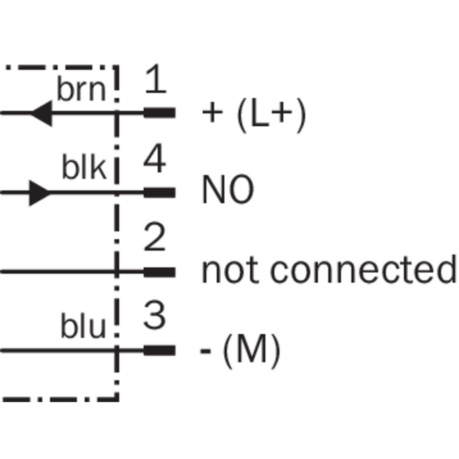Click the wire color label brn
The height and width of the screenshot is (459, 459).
[81, 88]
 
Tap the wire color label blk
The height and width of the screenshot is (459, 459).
[84, 167]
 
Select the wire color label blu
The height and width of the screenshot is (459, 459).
[83, 326]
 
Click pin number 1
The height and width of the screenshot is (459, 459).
[156, 79]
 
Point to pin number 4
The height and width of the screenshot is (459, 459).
[155, 158]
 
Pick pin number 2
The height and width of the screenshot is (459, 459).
[155, 236]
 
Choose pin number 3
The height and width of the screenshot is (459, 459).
[155, 315]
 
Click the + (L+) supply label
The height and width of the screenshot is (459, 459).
[254, 115]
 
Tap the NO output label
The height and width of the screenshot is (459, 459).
[228, 189]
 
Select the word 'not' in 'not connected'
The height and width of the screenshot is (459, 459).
[230, 269]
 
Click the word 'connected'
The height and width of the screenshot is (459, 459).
[363, 269]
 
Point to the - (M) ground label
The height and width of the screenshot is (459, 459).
[240, 351]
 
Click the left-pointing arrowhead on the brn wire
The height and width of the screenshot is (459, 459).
[41, 113]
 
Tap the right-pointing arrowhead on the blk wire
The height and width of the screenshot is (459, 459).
[40, 193]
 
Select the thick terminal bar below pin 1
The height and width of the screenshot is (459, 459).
[159, 113]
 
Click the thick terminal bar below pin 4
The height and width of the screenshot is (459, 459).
[159, 192]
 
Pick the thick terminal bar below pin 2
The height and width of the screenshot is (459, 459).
[159, 272]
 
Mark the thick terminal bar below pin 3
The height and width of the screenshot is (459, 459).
[159, 351]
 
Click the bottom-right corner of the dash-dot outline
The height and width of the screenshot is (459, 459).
[117, 400]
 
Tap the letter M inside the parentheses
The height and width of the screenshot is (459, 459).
[252, 348]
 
